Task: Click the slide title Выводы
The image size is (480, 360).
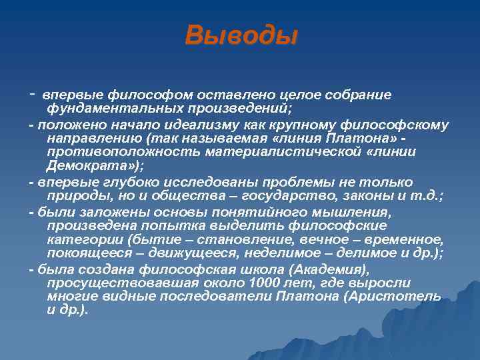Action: coord(240,35)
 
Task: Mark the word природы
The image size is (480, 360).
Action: coord(73,196)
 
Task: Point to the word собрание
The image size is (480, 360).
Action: coord(363,95)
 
